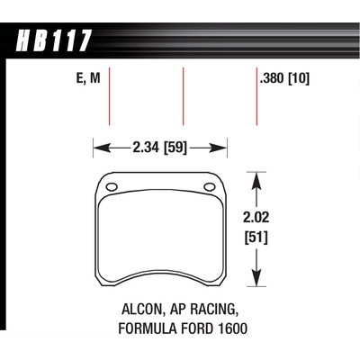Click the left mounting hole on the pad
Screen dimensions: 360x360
click(112, 187)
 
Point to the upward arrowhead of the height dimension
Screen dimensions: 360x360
click(258, 180)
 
